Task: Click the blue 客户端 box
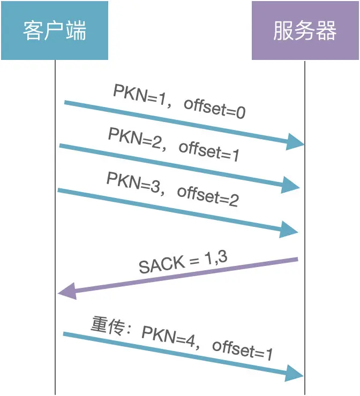[x=54, y=31]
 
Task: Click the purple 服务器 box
[x=305, y=31]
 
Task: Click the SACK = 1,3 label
[x=183, y=262]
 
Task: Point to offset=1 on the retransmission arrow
[x=243, y=351]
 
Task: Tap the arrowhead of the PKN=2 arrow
[x=291, y=186]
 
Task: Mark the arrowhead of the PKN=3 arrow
[x=290, y=231]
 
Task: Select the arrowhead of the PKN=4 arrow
[x=295, y=372]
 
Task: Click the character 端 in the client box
[x=77, y=31]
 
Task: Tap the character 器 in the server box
[x=327, y=31]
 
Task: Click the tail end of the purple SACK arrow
[x=296, y=260]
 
